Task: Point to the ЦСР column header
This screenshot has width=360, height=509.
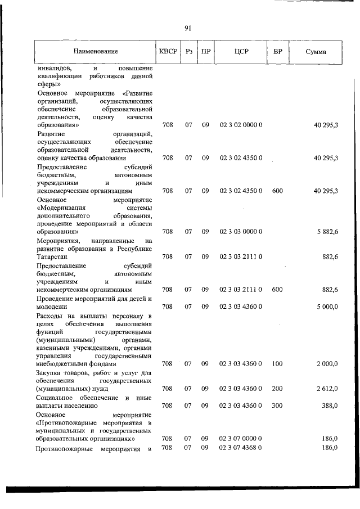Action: click(x=241, y=52)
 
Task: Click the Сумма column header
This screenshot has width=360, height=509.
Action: click(x=317, y=52)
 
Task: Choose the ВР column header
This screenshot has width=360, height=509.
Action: click(x=277, y=52)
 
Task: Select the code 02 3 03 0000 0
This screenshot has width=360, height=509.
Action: click(x=241, y=231)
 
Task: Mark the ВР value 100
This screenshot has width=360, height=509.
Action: click(x=277, y=364)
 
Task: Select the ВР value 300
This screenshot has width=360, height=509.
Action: click(x=277, y=405)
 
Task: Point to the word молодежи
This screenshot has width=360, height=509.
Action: click(x=52, y=307)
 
